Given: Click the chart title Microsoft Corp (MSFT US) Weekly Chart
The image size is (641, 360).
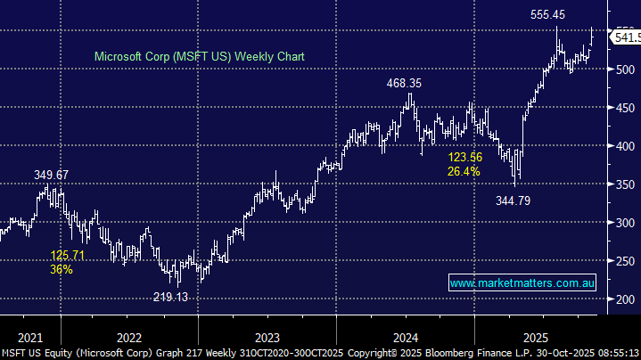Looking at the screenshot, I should point(200,56).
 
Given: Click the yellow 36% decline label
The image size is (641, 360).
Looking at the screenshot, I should point(62,269).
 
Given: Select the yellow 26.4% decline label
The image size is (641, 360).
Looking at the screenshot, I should point(464,171).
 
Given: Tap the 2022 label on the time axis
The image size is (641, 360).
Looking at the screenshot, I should point(129,337).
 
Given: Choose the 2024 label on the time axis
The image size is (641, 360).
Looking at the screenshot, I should point(406,337).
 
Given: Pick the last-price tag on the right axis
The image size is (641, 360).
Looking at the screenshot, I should point(624,37).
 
